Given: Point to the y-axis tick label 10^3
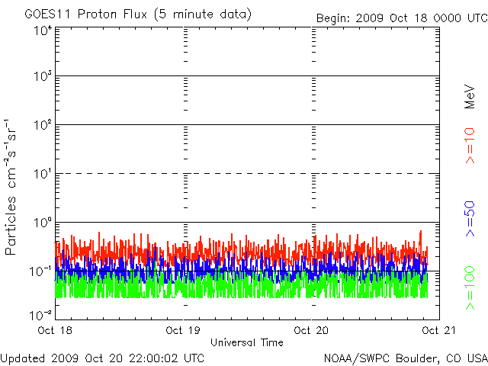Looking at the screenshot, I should [42, 77].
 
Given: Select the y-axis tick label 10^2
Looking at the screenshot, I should [42, 125].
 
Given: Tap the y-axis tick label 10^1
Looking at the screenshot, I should [42, 174].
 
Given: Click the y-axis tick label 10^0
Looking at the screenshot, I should [42, 223].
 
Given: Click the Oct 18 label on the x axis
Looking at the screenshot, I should [55, 331].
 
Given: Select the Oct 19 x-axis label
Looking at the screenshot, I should [183, 331].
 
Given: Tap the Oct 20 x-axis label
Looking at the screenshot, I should [311, 331].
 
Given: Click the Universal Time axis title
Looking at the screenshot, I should [247, 342].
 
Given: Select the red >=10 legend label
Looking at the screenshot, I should [470, 145].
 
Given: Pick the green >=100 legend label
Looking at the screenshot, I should [470, 287].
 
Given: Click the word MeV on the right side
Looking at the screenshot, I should [470, 96].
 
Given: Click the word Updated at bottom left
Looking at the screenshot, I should [23, 357].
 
